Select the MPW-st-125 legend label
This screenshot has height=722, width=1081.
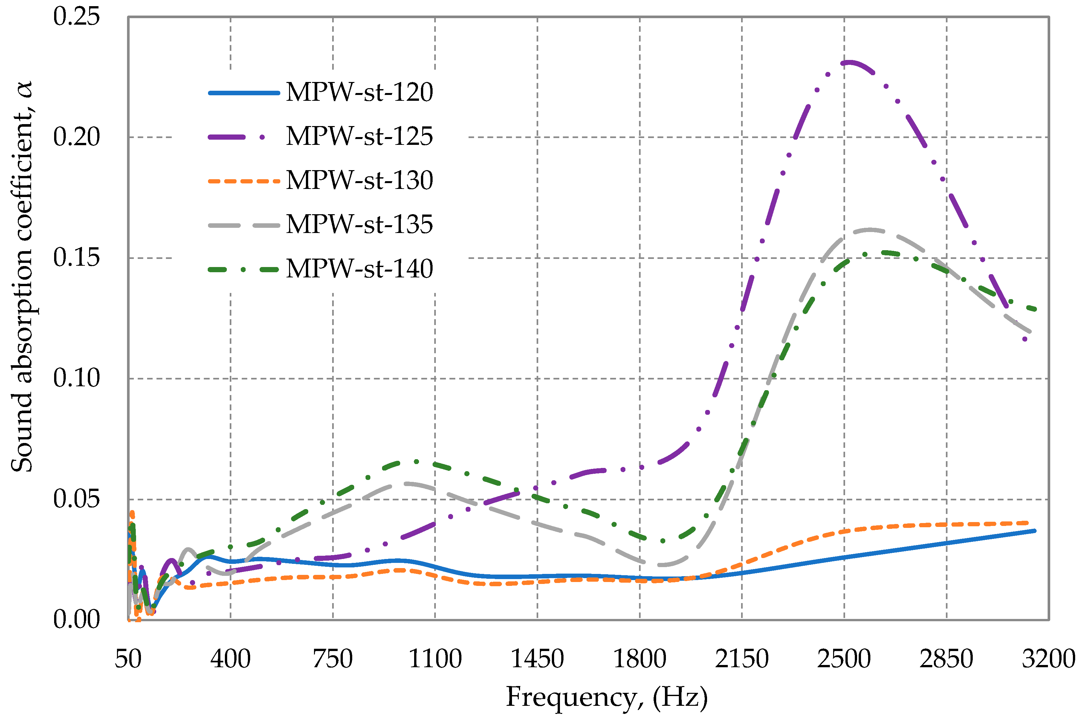coord(359,136)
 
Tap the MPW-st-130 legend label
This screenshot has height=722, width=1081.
coord(359,180)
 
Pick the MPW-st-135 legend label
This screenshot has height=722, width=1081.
coord(359,224)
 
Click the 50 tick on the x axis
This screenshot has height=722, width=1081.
coord(128,659)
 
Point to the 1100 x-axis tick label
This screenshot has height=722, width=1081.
coord(435,659)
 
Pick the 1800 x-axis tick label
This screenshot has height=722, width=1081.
coord(639,659)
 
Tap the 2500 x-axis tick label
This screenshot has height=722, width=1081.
coord(844,659)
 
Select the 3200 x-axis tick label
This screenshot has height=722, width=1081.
coord(1048,659)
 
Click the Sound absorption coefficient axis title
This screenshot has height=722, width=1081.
coord(22,276)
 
